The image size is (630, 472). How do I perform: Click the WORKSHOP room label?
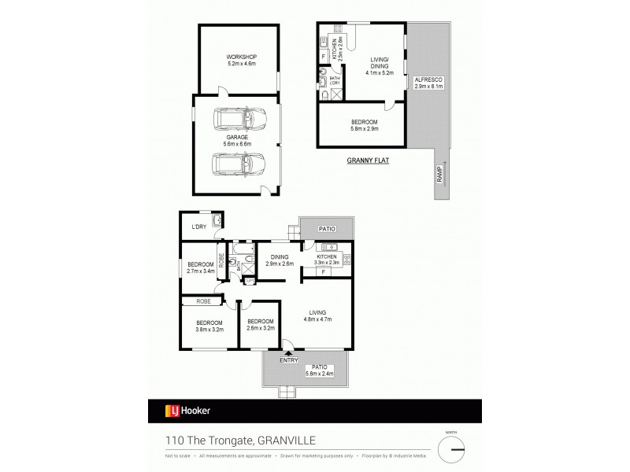pyautogui.click(x=242, y=61)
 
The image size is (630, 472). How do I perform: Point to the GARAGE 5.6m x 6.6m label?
pyautogui.click(x=237, y=141)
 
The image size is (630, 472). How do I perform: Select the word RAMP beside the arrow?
pyautogui.click(x=438, y=178)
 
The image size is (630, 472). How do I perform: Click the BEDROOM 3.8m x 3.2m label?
pyautogui.click(x=209, y=326)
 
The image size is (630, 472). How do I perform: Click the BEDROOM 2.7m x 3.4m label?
pyautogui.click(x=200, y=267)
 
